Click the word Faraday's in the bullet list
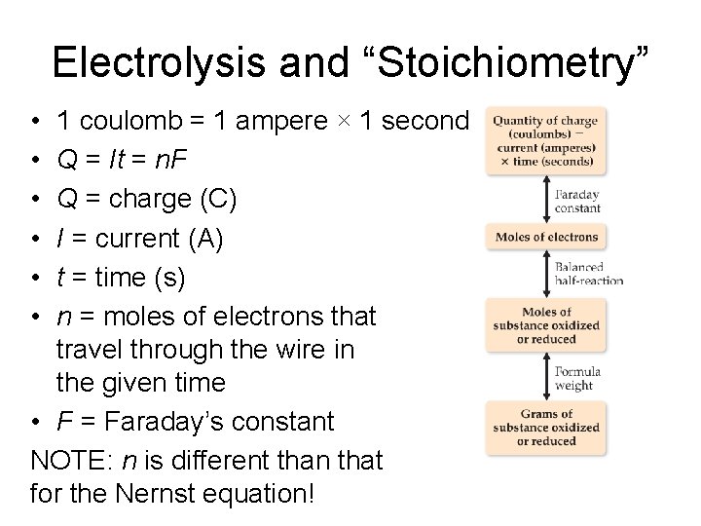point(168,421)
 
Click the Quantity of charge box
point(545,140)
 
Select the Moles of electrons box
point(545,237)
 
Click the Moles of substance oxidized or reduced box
point(545,325)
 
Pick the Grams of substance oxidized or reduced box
point(545,427)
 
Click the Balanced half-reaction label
point(588,273)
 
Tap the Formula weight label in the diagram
point(577,377)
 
